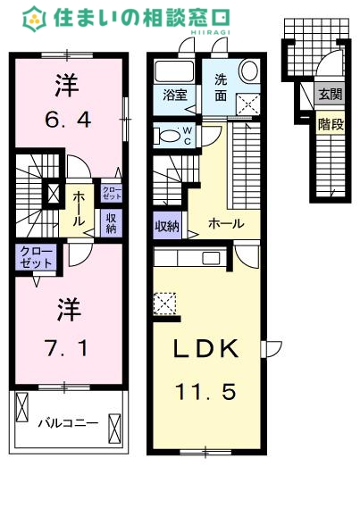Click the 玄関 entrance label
(330, 95)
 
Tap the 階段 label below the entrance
(331, 124)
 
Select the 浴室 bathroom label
(175, 95)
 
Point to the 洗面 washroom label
(221, 87)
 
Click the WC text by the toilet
(188, 136)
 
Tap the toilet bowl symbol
(166, 135)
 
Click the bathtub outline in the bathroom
(174, 71)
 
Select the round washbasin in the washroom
(249, 70)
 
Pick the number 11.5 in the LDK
(205, 391)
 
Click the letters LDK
(205, 348)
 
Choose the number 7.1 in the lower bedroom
(67, 349)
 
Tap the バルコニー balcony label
(69, 423)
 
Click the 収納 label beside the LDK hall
(167, 226)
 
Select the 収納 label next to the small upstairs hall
(111, 223)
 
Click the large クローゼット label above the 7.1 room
(36, 257)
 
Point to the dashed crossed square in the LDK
(164, 304)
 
